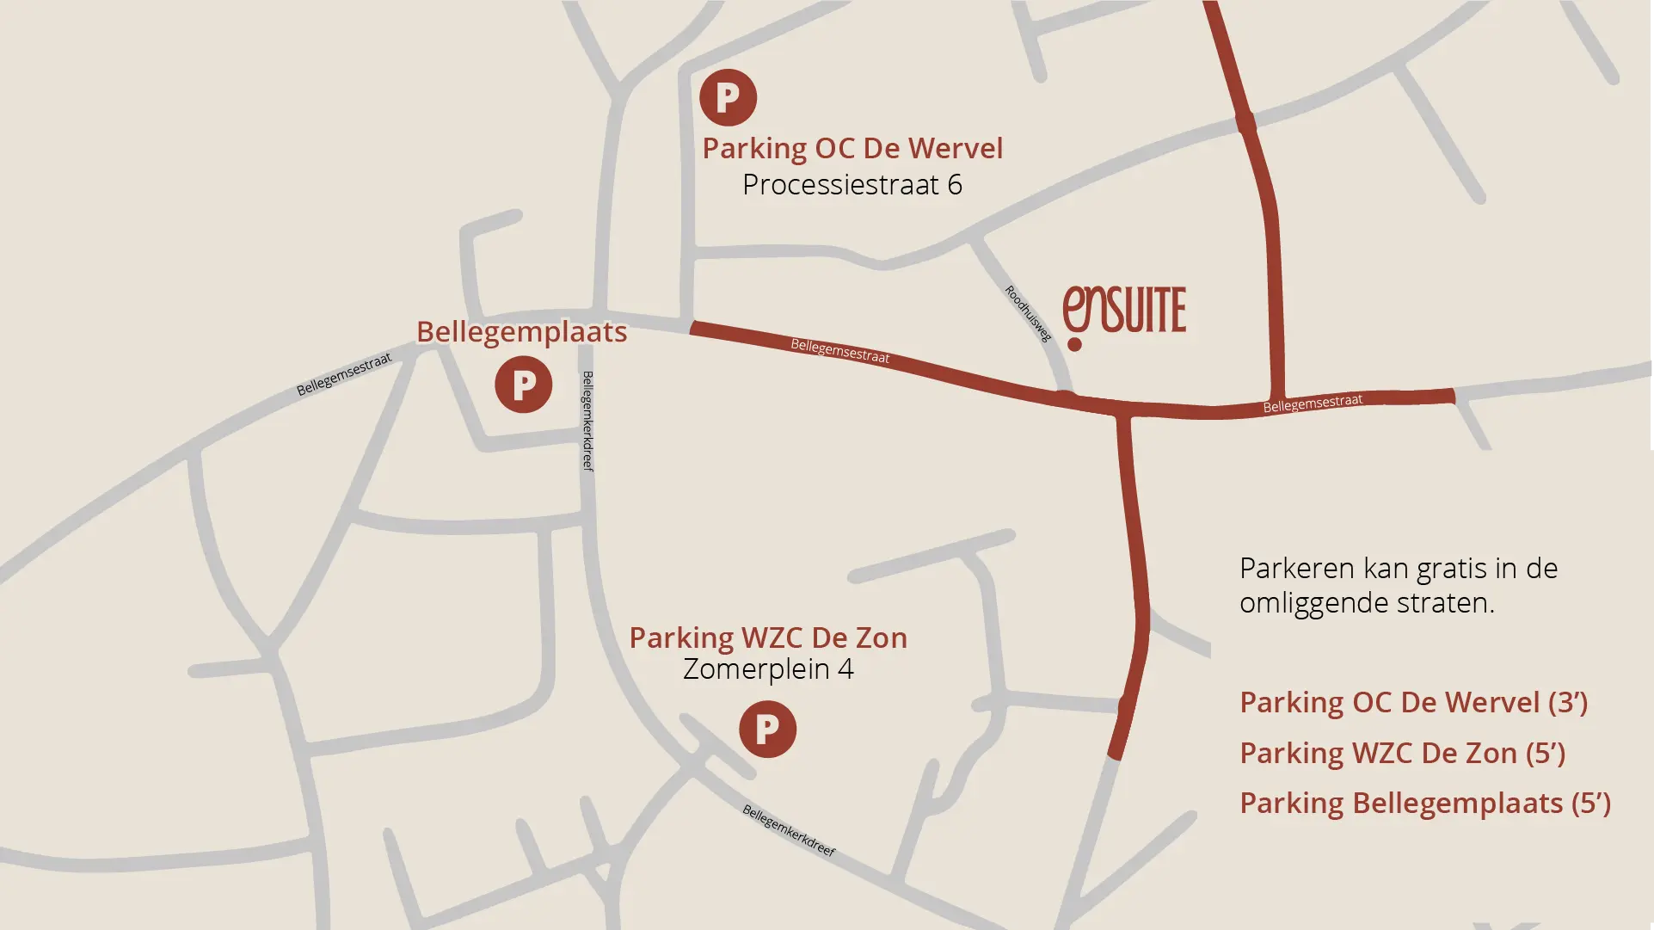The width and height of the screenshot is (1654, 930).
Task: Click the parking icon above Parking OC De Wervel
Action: [728, 97]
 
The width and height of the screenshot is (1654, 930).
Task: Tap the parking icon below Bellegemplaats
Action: [523, 385]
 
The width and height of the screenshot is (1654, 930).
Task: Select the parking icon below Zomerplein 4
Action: [767, 730]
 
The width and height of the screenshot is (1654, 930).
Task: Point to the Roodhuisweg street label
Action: [1028, 313]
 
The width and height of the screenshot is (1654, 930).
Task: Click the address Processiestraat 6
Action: [852, 184]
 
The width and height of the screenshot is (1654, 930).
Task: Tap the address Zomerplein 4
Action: [768, 668]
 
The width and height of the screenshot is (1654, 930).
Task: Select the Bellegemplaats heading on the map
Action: [521, 332]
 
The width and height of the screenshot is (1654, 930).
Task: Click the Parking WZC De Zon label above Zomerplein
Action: [768, 637]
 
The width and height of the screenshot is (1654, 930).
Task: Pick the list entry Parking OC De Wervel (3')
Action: [1413, 702]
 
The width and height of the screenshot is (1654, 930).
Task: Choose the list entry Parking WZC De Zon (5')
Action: [1402, 753]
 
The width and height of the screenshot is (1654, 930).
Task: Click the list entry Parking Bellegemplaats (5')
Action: [1424, 803]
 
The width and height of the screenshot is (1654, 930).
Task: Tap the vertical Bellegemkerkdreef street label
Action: [587, 421]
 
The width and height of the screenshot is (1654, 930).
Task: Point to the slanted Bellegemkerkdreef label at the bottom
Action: [789, 831]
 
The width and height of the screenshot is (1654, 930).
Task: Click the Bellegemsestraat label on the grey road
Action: [344, 374]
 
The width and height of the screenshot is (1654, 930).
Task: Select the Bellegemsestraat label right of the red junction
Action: [1313, 403]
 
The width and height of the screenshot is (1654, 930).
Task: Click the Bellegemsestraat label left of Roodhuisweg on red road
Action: [839, 351]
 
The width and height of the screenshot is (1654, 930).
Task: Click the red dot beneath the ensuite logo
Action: [1074, 345]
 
